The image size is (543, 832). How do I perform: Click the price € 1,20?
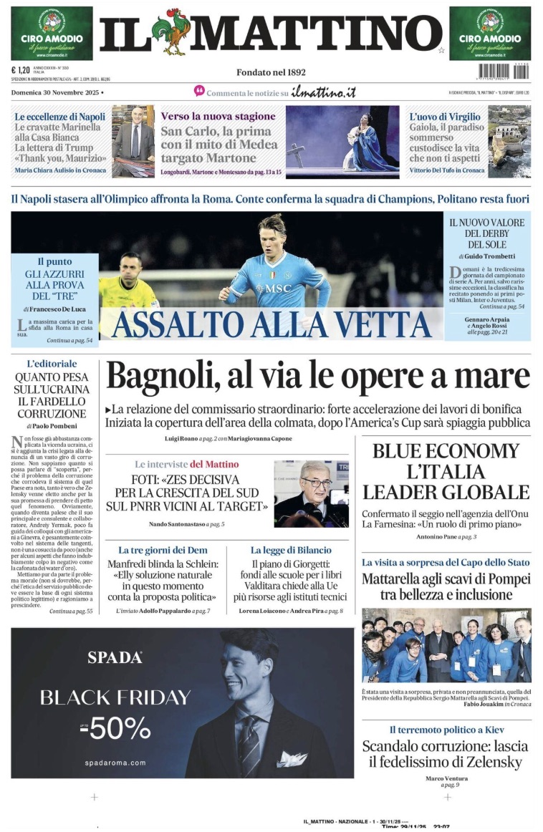pyautogui.click(x=21, y=70)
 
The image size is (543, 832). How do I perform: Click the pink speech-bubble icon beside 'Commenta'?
pyautogui.click(x=199, y=92)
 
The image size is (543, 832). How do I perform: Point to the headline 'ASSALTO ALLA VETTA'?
pyautogui.click(x=271, y=324)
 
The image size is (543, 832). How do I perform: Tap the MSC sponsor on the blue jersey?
pyautogui.click(x=273, y=289)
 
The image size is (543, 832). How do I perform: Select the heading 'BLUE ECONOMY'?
pyautogui.click(x=446, y=451)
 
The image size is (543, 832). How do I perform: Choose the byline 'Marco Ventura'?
pyautogui.click(x=446, y=778)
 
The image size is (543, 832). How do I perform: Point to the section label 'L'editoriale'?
pyautogui.click(x=52, y=364)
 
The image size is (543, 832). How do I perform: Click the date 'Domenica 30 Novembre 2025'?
pyautogui.click(x=57, y=92)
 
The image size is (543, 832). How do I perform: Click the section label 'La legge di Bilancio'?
pyautogui.click(x=291, y=550)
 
